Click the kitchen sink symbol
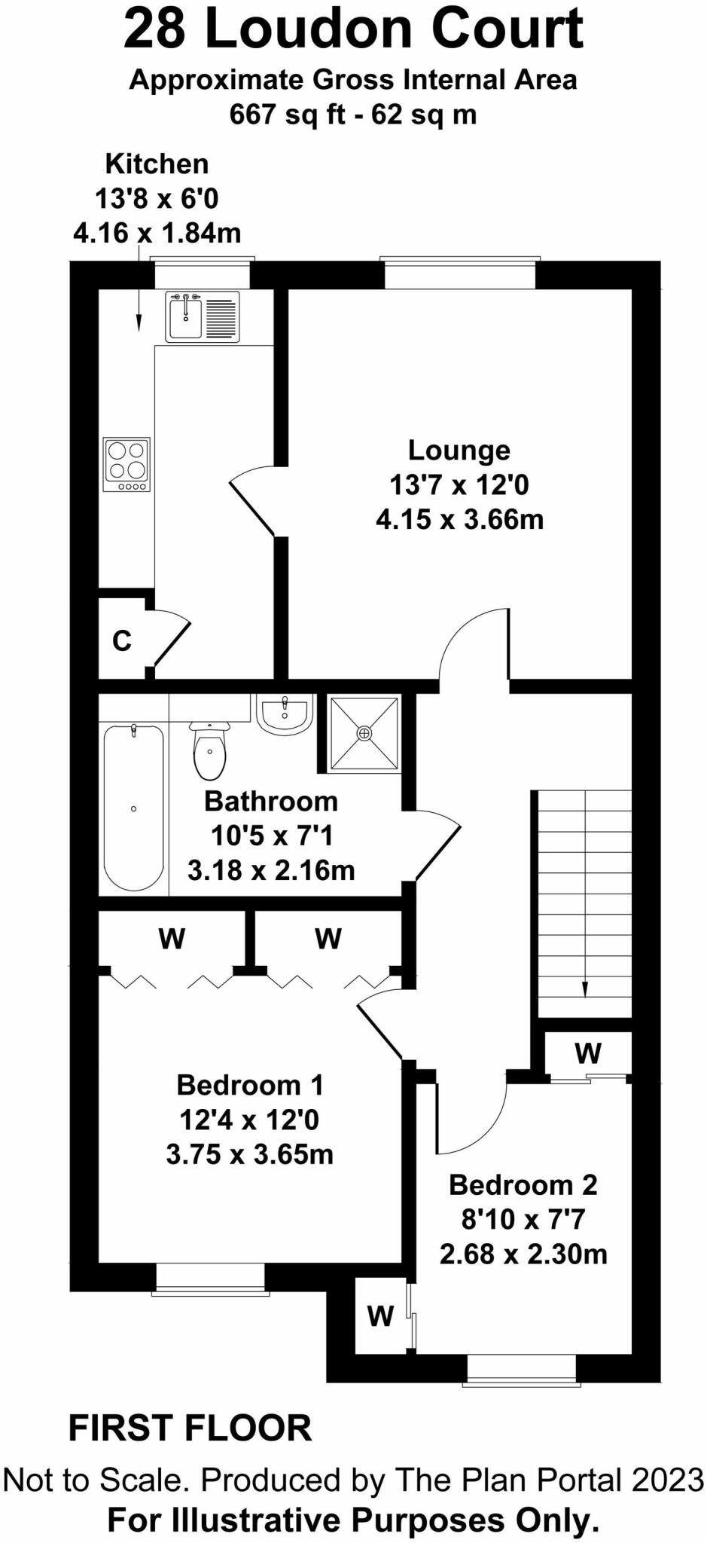coord(185,316)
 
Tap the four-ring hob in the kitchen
coord(126,464)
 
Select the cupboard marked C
coord(122,641)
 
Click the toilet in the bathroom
coord(209,749)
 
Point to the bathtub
coord(133,808)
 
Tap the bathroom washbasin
coord(285,713)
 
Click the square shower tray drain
coord(364,732)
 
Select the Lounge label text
coord(459,450)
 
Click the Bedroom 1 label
coord(249,1085)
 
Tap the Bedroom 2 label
coord(523,1184)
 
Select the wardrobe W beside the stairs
coord(587,1053)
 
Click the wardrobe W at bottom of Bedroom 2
coord(380,1316)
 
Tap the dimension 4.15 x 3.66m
coord(459,520)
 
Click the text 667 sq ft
coord(287,115)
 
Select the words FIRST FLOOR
coord(190,1428)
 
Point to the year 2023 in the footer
coord(667,1480)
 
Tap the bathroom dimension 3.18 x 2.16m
coord(271,870)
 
